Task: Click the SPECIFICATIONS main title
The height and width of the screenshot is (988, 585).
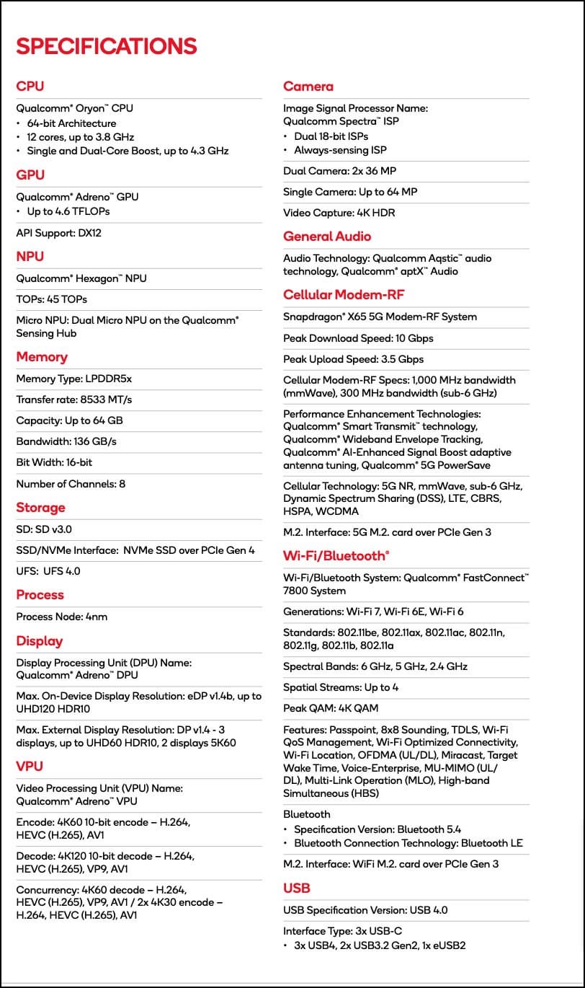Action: tap(107, 46)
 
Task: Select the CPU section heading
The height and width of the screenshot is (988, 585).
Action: tap(30, 87)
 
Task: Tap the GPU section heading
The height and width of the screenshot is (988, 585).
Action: tap(30, 175)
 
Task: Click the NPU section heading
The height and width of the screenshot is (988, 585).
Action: tap(30, 257)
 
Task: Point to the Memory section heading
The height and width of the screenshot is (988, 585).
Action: tap(42, 357)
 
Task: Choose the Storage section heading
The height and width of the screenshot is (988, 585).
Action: tap(40, 508)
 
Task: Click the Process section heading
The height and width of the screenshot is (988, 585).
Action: tap(40, 595)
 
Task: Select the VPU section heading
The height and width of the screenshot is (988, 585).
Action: tap(30, 767)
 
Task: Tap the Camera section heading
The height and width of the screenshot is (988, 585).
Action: tap(308, 87)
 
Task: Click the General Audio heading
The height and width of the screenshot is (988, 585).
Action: tap(327, 237)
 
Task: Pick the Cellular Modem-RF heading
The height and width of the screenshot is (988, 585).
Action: tap(344, 295)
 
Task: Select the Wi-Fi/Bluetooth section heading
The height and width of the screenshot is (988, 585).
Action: tap(336, 556)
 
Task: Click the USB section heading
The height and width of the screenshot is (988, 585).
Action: tap(297, 888)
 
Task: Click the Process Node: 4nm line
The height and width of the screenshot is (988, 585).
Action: tap(62, 617)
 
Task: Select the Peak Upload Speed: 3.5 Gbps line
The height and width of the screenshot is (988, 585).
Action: tap(353, 359)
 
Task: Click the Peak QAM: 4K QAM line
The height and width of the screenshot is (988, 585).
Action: tap(331, 708)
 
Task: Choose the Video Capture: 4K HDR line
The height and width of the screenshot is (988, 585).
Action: tap(339, 213)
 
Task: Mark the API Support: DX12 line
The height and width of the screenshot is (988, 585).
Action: tap(55, 234)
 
